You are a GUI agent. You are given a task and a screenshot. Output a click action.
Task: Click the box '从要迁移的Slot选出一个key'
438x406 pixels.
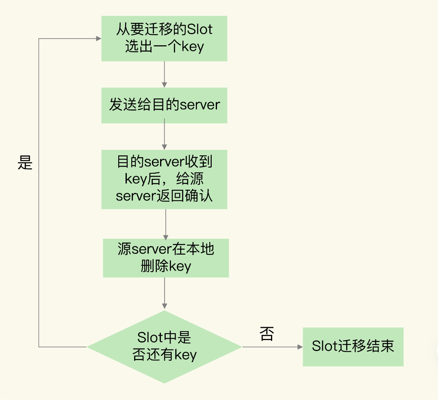point(164,39)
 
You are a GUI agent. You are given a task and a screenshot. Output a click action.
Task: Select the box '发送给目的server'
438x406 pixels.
point(164,105)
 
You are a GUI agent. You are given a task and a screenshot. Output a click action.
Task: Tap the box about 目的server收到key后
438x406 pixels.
point(164,179)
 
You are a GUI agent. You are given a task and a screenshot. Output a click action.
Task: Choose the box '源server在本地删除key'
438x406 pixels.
point(166,258)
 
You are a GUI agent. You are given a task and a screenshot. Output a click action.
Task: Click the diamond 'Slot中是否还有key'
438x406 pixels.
point(164,347)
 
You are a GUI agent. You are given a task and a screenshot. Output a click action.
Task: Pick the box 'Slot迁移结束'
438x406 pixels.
point(353,347)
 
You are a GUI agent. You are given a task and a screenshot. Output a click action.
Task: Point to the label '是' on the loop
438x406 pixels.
point(25,162)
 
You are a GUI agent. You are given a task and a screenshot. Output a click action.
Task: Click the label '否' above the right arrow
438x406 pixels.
point(267,334)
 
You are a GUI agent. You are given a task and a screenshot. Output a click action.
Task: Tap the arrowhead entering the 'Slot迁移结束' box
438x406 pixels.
point(300,347)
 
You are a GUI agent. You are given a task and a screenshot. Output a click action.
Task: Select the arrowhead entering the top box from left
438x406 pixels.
point(99,39)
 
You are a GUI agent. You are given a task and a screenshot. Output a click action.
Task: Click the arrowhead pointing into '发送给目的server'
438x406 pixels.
point(164,85)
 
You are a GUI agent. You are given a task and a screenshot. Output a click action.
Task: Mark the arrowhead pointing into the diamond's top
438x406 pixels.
point(165,306)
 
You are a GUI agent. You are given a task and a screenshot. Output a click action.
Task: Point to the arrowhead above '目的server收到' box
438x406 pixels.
point(164,147)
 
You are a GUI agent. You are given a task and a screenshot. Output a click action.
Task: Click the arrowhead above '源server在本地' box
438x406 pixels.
point(166,237)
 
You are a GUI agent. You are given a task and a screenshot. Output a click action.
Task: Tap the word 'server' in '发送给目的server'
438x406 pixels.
point(200,105)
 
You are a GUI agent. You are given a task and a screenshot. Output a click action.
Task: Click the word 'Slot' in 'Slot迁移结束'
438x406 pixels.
point(325,346)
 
